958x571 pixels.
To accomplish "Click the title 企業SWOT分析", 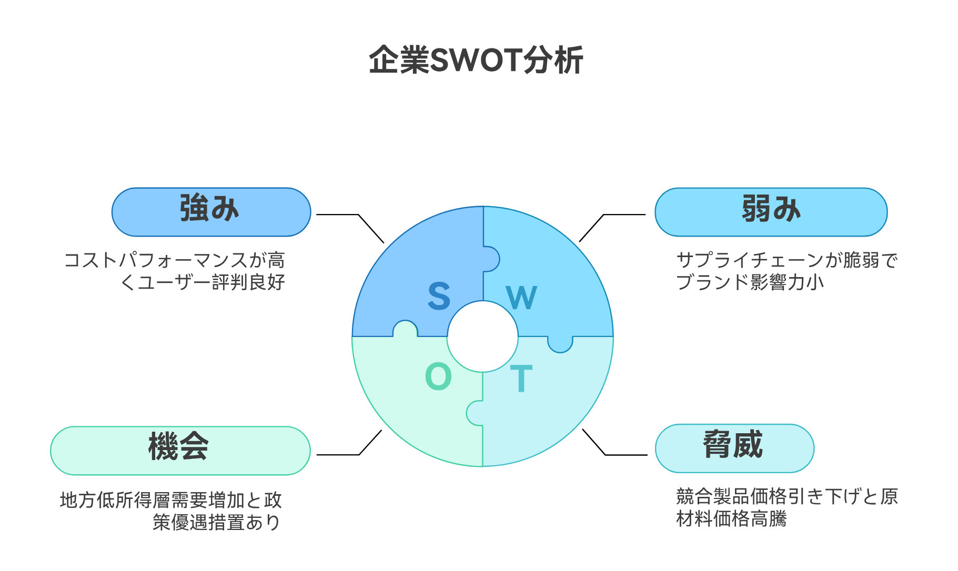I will click(476, 60).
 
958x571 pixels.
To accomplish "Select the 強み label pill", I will click(211, 211).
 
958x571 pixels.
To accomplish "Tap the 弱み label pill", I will click(771, 211).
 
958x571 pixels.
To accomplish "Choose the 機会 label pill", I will click(180, 450).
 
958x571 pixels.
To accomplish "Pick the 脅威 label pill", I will click(734, 448).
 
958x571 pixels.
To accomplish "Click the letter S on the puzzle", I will click(439, 297).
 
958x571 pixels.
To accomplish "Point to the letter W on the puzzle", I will click(521, 298).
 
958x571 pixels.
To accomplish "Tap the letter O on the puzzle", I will click(438, 376).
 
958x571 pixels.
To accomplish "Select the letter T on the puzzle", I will click(521, 379).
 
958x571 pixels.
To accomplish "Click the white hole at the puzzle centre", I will click(482, 337).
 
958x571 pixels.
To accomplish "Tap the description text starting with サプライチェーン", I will click(786, 271).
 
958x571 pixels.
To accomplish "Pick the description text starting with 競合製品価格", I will click(786, 508).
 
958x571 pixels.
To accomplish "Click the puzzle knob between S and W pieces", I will click(491, 259).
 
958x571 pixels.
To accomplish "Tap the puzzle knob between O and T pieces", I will click(475, 413).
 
